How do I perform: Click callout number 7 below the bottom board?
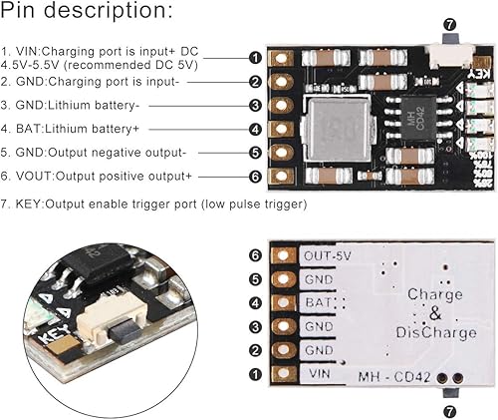coord(448,410)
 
